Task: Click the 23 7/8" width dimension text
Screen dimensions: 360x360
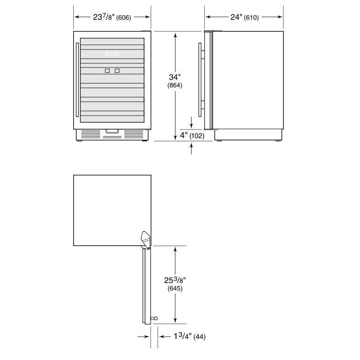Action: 104,17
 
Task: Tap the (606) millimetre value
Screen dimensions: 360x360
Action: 124,18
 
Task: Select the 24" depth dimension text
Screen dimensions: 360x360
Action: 236,17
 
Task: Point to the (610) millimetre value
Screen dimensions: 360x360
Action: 251,18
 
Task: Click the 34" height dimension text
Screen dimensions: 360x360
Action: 175,77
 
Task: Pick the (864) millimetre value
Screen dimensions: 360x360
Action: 175,85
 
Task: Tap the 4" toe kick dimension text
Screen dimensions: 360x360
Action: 184,135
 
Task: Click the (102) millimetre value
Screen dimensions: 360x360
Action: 197,136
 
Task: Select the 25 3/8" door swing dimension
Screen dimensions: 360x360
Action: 175,280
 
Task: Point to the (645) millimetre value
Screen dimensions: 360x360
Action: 175,288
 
